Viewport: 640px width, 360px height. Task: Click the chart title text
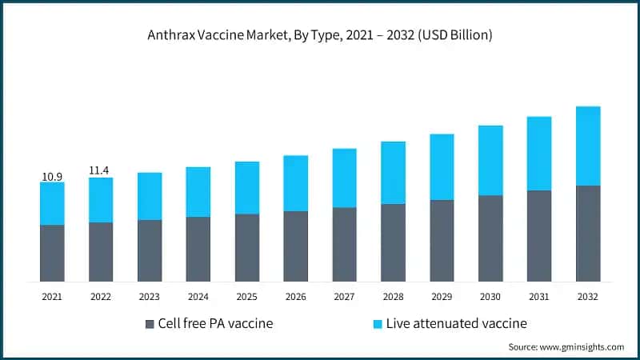(319, 35)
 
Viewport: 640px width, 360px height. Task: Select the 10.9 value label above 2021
(52, 175)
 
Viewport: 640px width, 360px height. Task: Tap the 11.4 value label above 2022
(101, 170)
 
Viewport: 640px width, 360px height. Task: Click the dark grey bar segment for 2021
(52, 253)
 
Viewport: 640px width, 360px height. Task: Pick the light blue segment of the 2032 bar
(588, 146)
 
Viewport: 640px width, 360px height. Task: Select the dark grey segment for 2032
(588, 233)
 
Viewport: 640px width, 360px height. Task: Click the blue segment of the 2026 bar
(296, 183)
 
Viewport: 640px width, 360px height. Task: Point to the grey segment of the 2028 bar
(393, 242)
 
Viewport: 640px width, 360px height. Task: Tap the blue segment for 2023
(150, 196)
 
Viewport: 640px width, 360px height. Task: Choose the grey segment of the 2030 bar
(490, 238)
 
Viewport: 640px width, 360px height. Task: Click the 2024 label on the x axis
(198, 297)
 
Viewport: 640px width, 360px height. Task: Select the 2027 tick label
(344, 297)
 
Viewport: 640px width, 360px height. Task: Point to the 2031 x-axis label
(539, 297)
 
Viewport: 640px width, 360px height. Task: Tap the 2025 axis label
(247, 297)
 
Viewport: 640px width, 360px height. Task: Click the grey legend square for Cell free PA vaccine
(150, 324)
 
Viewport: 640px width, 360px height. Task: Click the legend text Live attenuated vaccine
(457, 324)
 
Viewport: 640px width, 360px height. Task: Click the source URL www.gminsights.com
(582, 347)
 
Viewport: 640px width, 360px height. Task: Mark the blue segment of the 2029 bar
(442, 167)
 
